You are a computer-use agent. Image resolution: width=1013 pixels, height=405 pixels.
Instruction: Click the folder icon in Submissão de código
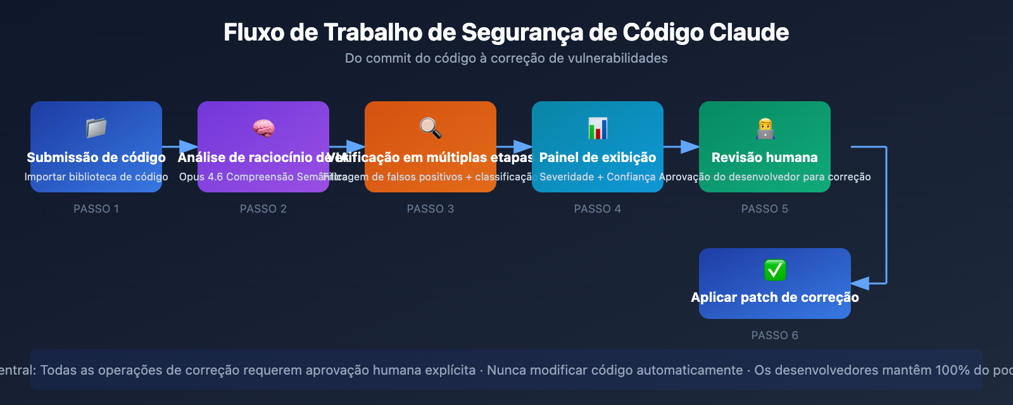tap(96, 128)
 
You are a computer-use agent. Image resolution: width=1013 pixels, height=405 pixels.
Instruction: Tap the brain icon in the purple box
tap(263, 128)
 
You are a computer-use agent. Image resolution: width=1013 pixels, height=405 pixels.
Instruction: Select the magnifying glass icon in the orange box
tap(431, 128)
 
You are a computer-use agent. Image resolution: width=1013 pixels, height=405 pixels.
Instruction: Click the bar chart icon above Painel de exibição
tap(598, 128)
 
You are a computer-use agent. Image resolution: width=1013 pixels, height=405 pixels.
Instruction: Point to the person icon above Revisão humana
tap(765, 128)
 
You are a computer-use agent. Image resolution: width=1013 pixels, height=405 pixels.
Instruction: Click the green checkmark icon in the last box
tap(775, 270)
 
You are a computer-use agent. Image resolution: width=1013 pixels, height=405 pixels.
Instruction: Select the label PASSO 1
tap(96, 209)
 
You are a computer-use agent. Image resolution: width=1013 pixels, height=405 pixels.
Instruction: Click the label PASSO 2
tap(263, 209)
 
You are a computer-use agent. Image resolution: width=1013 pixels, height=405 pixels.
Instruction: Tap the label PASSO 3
tap(431, 209)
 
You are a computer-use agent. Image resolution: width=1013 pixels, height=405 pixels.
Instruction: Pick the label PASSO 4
tap(598, 209)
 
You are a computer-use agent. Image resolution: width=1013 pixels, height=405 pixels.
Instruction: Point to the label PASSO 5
tap(765, 209)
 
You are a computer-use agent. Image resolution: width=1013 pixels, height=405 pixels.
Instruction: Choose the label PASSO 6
tap(775, 335)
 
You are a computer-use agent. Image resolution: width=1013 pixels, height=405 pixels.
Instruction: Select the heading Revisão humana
tap(765, 158)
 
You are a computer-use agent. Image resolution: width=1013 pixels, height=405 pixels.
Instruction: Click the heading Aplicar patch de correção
tap(775, 297)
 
